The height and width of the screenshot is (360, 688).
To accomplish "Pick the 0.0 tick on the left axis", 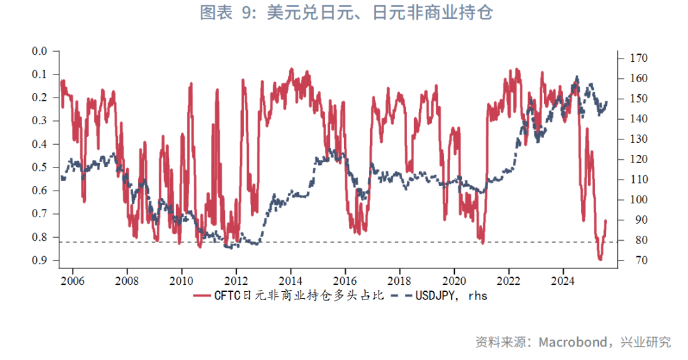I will [x=40, y=51].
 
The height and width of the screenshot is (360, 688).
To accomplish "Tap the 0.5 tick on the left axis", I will [x=40, y=167].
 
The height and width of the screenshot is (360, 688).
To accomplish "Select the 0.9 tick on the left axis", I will [x=40, y=260].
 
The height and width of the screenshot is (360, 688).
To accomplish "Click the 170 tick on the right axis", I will [x=638, y=58].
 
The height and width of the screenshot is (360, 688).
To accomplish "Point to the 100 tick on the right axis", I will [x=638, y=200].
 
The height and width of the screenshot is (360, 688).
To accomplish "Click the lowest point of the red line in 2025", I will [x=599, y=259].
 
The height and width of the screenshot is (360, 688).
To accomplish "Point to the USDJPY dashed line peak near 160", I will [x=577, y=77].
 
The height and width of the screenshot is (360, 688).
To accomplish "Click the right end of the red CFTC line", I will [x=606, y=221].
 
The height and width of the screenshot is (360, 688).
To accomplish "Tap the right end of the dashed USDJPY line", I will [x=606, y=102].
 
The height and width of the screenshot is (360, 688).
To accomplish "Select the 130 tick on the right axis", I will [x=638, y=139].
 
